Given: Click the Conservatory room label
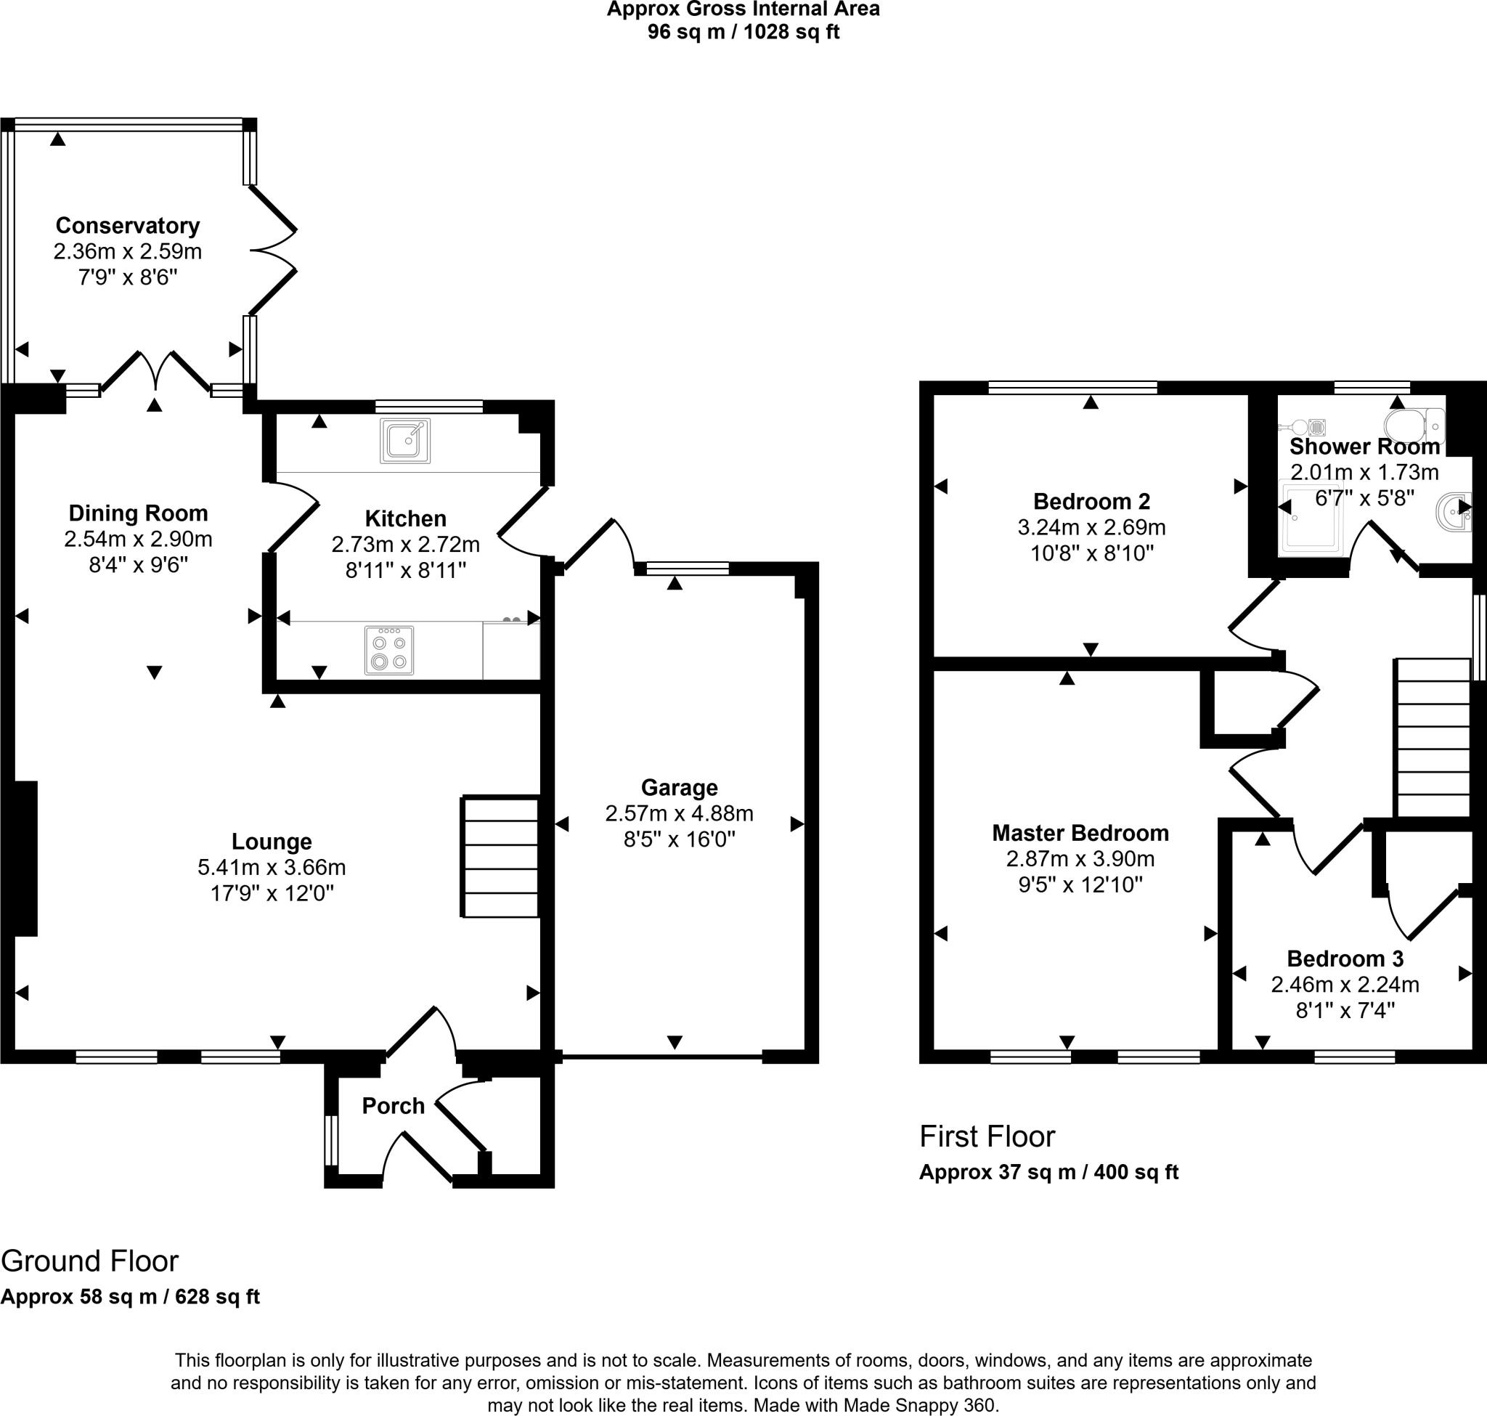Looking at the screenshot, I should (x=128, y=225).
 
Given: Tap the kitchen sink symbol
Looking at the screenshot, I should (x=405, y=441).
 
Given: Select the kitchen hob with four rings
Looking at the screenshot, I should (x=389, y=650).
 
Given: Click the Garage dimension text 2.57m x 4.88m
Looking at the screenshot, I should (x=679, y=813).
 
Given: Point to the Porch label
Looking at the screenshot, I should (x=393, y=1106).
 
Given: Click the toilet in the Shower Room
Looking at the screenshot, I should (x=1414, y=426).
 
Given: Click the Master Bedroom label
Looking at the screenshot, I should (x=1080, y=833).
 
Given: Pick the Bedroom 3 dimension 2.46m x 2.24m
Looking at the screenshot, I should (x=1345, y=984).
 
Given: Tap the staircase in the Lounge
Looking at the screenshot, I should (x=500, y=857).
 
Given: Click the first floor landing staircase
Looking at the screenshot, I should (x=1433, y=738).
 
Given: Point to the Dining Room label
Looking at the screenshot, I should (x=138, y=513).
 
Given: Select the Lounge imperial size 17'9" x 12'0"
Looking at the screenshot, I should (x=272, y=893).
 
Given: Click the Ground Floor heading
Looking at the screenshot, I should (x=90, y=1261).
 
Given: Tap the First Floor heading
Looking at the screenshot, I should (x=987, y=1136).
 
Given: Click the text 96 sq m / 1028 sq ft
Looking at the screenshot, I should (x=743, y=32).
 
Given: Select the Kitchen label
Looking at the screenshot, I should (x=405, y=518).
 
